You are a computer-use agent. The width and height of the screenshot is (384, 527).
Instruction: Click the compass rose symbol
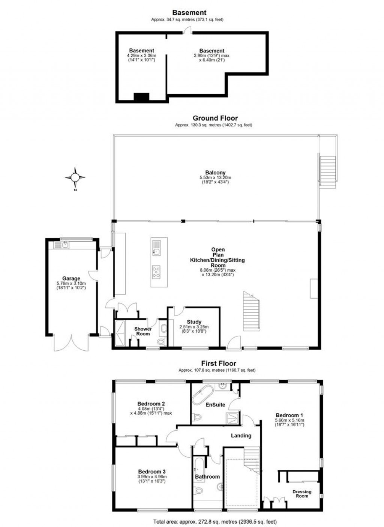[x=75, y=177]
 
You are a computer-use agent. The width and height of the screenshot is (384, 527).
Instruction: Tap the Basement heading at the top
[x=189, y=13]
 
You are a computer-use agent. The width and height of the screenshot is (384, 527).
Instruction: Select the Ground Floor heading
[x=215, y=118]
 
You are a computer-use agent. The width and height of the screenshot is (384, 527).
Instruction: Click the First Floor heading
[x=219, y=363]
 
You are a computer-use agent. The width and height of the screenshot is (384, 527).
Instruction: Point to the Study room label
[x=194, y=322]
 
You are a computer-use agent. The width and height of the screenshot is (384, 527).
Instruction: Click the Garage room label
[x=71, y=278]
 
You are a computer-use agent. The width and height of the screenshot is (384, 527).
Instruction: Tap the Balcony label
[x=215, y=173]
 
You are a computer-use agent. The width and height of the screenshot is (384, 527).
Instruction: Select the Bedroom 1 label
[x=289, y=415]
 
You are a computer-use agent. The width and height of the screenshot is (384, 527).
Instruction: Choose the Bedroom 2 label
[x=151, y=404]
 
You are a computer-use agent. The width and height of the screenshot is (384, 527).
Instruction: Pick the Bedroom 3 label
[x=152, y=472]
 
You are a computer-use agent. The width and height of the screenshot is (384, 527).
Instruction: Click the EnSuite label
[x=215, y=405]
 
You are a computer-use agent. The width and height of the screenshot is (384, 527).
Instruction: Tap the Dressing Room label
[x=302, y=494]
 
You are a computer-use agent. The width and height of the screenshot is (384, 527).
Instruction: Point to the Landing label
[x=241, y=435]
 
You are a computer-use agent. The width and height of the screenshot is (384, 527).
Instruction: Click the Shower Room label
[x=143, y=331]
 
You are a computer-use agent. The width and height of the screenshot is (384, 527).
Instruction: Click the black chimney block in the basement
[x=141, y=97]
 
